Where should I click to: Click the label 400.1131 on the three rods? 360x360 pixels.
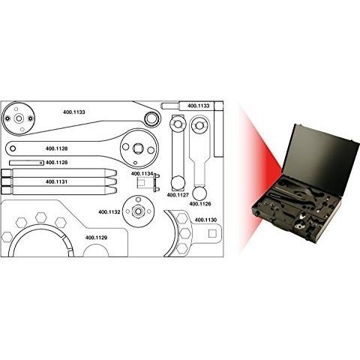coord(56,181)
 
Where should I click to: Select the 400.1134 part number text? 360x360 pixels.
coord(142,173)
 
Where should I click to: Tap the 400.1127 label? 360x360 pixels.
coord(178,195)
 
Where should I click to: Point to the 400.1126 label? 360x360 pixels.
coord(200,204)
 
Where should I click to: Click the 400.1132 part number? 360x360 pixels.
coord(109,212)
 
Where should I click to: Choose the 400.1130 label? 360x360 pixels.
coord(205,220)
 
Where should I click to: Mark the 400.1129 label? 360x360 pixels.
coord(96,238)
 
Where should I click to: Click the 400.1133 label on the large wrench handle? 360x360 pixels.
coord(74,112)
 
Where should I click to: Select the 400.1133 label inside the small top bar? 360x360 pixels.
coord(199,106)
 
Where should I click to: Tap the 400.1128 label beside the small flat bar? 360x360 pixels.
coord(56,163)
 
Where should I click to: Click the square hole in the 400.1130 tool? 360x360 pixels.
coord(212,233)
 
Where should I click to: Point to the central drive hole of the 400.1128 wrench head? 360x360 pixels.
coord(138,148)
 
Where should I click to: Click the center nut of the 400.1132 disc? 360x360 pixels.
coord(138,211)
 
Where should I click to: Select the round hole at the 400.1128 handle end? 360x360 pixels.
coord(13,148)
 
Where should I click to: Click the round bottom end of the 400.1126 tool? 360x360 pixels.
coord(199,193)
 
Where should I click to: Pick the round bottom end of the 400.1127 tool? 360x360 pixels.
coord(178,183)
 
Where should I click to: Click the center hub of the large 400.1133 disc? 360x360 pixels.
coord(19,118)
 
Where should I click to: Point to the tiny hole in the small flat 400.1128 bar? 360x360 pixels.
coord(40,163)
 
